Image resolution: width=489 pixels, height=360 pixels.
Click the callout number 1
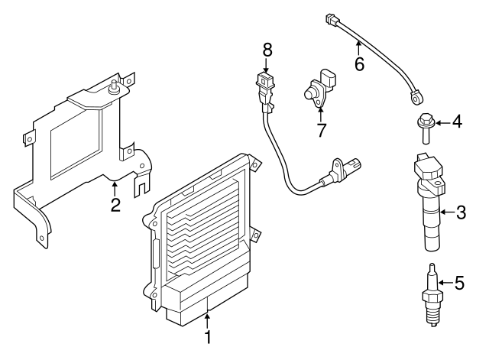point(208,337)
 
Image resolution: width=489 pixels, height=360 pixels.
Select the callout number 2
point(115,205)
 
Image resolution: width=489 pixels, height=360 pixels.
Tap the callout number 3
point(461,212)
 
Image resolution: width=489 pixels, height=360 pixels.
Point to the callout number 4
point(457,122)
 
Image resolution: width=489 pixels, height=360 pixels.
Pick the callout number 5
point(460,283)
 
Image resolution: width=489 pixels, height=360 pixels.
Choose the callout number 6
point(360,64)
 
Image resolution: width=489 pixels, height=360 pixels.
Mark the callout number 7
point(322,130)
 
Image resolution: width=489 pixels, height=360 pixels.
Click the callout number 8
point(267,50)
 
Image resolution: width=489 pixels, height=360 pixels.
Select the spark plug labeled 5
point(432,295)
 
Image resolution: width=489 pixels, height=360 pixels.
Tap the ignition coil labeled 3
point(429,202)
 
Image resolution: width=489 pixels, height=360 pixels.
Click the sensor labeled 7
point(320,88)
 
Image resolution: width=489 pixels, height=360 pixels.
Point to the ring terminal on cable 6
point(416,97)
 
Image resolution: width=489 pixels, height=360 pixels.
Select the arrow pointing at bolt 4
point(443,123)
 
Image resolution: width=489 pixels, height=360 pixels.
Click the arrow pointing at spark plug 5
point(446,283)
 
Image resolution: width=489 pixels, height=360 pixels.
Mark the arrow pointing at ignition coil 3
point(447,212)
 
